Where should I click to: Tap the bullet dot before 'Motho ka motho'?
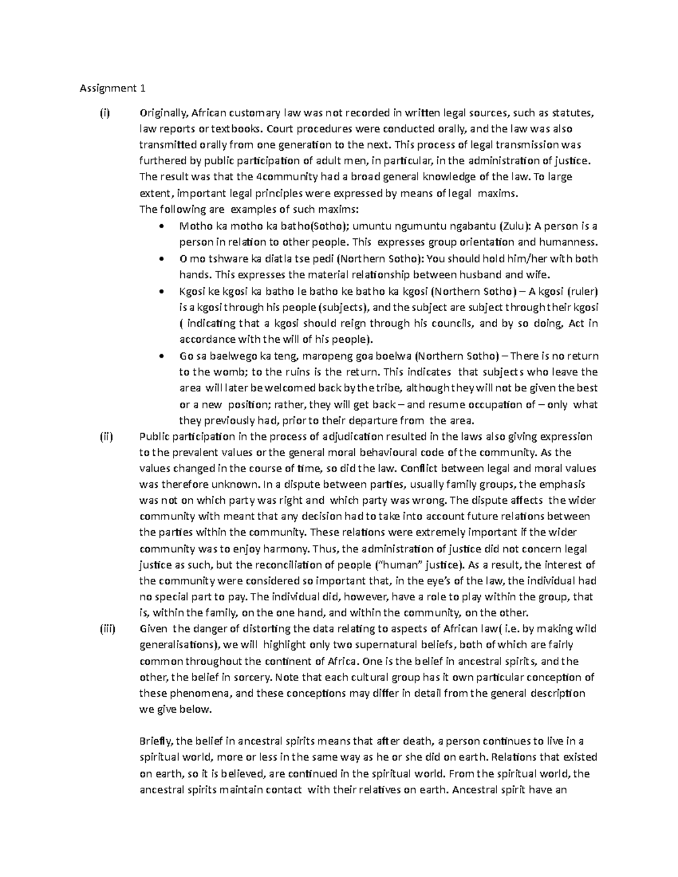click(163, 226)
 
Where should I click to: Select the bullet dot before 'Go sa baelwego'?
click(163, 356)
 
